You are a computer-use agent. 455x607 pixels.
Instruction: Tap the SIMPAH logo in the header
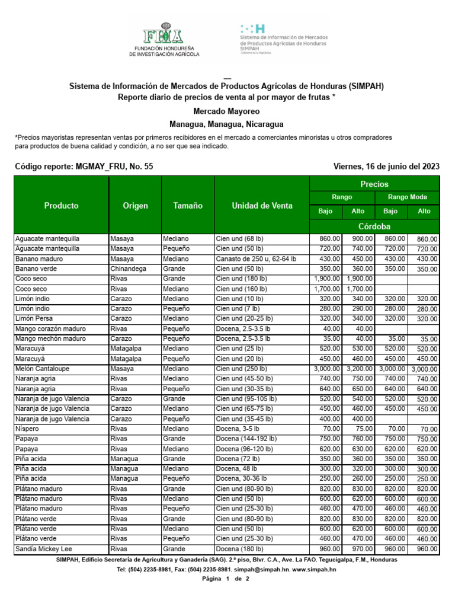(x=283, y=40)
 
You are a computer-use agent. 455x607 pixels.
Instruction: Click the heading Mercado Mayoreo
(x=226, y=111)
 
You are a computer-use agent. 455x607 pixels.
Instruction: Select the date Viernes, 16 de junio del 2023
(x=386, y=167)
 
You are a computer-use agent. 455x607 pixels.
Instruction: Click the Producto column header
(x=61, y=206)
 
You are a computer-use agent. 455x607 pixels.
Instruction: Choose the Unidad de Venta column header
(x=262, y=206)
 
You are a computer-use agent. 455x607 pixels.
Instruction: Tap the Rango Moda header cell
(x=407, y=197)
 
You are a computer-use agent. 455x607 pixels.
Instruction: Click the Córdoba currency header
(x=374, y=226)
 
